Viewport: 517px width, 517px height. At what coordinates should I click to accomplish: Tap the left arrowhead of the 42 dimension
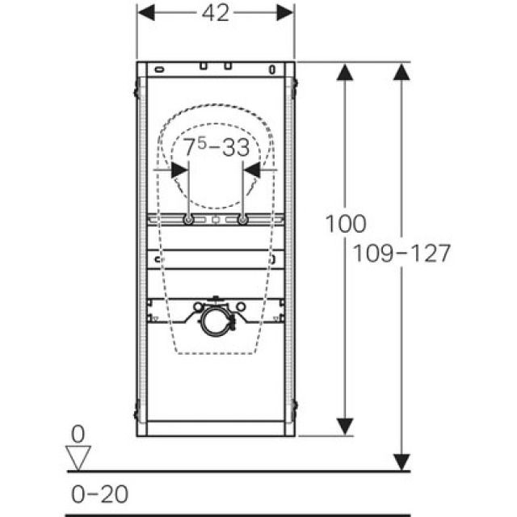[145, 12]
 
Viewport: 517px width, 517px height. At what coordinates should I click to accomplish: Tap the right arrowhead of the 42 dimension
[285, 12]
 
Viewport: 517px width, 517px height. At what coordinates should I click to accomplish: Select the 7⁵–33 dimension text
[215, 149]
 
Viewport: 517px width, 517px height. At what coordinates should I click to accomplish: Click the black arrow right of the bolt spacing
[253, 170]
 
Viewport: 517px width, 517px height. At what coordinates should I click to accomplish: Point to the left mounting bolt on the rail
[188, 220]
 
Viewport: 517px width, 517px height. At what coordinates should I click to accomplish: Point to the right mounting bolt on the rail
[242, 220]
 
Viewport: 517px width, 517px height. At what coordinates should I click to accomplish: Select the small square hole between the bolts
[216, 220]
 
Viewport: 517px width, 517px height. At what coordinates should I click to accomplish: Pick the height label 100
[346, 224]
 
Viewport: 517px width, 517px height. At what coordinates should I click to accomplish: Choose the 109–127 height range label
[401, 253]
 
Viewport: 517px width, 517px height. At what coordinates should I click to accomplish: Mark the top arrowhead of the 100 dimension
[346, 73]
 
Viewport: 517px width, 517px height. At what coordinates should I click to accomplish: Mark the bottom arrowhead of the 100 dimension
[346, 425]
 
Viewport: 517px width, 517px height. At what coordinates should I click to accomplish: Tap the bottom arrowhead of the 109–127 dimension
[401, 460]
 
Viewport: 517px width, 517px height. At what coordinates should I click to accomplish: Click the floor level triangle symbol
[78, 457]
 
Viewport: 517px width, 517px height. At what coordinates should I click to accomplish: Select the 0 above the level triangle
[78, 434]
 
